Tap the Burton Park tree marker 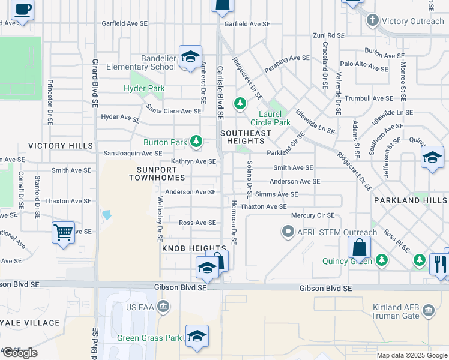pos(196,142)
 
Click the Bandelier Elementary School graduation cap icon pos(190,57)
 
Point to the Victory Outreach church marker pos(372,20)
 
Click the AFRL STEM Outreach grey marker pos(288,232)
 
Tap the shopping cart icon pos(63,231)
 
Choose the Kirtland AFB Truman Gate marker pos(429,310)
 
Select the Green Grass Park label pos(149,338)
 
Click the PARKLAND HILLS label pos(411,200)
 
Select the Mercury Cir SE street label pos(312,215)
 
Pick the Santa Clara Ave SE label pos(173,111)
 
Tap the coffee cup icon pos(23,10)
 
